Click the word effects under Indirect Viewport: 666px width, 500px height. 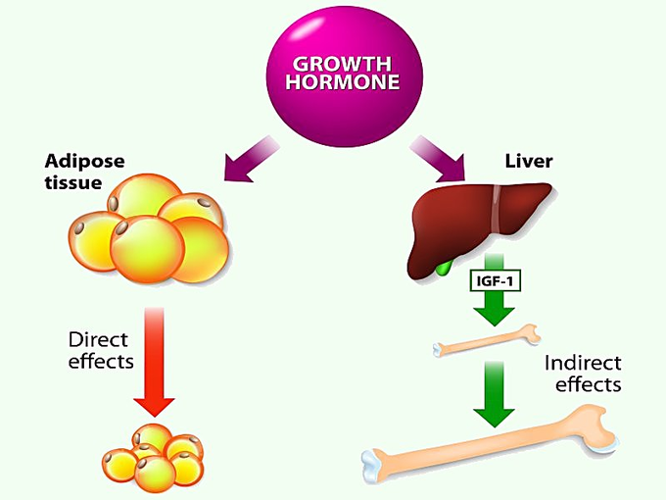[x=588, y=384]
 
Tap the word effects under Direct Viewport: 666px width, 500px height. [x=100, y=363]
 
